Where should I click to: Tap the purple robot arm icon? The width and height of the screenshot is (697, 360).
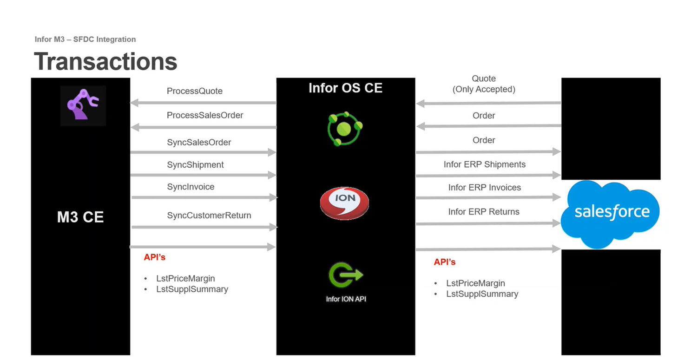(83, 105)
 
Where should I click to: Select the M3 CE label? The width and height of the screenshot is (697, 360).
(80, 217)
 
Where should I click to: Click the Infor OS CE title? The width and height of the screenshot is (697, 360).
(345, 88)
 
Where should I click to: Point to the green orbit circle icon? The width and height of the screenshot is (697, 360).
(345, 127)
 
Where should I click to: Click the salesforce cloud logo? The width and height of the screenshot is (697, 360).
(611, 213)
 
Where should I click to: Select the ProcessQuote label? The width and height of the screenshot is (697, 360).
(195, 91)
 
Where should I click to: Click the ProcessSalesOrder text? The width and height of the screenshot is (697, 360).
(205, 115)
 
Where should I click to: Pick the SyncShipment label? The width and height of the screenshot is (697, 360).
(195, 165)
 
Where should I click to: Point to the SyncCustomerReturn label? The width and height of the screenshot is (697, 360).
(209, 216)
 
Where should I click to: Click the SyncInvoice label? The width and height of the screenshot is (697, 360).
(191, 187)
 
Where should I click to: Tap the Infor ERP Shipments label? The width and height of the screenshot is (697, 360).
(484, 164)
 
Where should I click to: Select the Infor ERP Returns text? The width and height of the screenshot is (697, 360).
(484, 212)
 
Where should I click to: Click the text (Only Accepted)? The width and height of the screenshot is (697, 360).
(484, 89)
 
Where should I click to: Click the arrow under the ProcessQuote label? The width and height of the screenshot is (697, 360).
(203, 103)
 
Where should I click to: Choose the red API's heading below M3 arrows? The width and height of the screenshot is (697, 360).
(154, 257)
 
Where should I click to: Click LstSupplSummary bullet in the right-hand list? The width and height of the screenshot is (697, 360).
(482, 294)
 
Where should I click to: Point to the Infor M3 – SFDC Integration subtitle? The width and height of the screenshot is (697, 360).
(85, 39)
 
